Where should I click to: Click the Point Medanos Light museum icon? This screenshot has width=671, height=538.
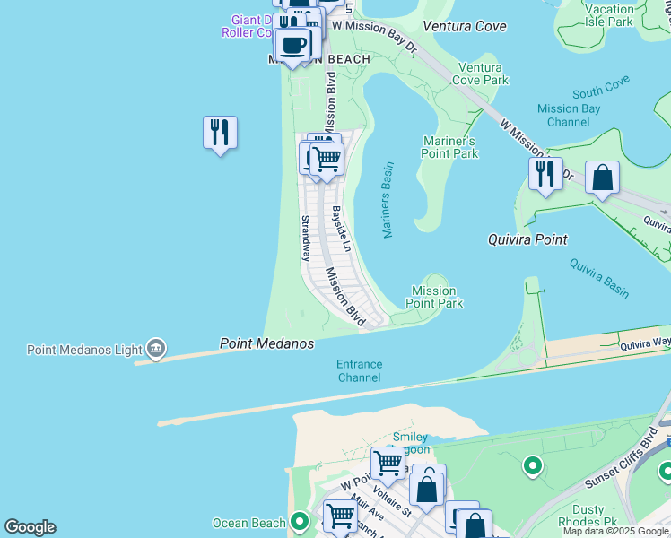[156, 349]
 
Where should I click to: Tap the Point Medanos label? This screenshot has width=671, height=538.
[267, 344]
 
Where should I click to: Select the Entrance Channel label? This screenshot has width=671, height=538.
[359, 371]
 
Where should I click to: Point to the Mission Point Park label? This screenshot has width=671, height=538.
[435, 297]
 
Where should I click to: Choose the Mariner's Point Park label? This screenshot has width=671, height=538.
[449, 147]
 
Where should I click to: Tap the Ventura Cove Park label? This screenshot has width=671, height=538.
[484, 74]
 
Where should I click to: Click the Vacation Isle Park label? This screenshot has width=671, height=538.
[608, 15]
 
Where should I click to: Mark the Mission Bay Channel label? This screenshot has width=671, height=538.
[568, 115]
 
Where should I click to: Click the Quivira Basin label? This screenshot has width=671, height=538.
[598, 278]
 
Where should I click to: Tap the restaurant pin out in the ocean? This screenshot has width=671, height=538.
[220, 133]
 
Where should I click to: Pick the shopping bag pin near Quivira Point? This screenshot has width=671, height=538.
[603, 178]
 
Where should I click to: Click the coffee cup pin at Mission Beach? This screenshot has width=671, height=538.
[292, 45]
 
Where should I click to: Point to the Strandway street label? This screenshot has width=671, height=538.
[305, 239]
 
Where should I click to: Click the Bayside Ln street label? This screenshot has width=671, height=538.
[341, 230]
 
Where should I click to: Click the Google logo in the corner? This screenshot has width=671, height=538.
[30, 527]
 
